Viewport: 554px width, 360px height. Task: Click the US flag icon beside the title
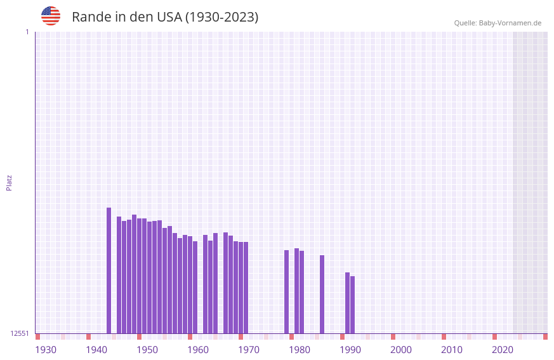click(x=51, y=16)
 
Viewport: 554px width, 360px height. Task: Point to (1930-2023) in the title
click(x=221, y=17)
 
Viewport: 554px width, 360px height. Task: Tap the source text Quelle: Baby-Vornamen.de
click(x=498, y=23)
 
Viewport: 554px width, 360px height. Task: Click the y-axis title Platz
click(x=9, y=182)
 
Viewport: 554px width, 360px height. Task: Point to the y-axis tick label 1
click(x=27, y=32)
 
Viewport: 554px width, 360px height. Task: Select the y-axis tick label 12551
click(x=19, y=333)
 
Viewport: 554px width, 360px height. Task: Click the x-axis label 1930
click(x=46, y=350)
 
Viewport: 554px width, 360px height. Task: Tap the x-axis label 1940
click(x=96, y=350)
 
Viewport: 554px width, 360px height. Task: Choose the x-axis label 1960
click(x=198, y=350)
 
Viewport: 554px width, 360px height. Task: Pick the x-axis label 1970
click(x=249, y=350)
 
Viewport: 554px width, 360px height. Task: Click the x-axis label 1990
click(x=350, y=350)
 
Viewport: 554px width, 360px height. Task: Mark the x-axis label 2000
click(x=401, y=350)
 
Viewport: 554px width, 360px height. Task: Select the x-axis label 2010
click(x=452, y=350)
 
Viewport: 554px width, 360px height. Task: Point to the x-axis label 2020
click(x=503, y=350)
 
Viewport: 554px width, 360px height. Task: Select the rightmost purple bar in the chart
click(x=352, y=305)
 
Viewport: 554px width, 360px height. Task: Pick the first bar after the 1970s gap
click(x=286, y=291)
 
